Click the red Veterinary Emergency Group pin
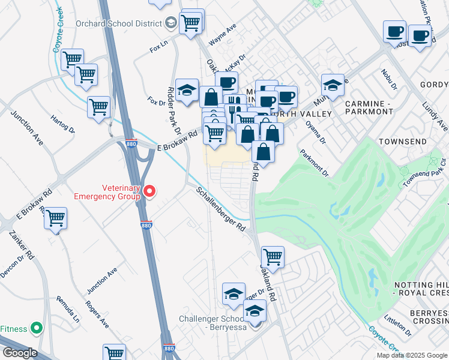pos(149,191)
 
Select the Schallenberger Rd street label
pos(221,209)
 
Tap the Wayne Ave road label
pos(222,35)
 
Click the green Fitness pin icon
pos(37,328)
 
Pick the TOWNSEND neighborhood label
pos(403,142)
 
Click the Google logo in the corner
pos(20,353)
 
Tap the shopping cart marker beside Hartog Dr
pos(98,107)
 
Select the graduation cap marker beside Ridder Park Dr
pos(187,90)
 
